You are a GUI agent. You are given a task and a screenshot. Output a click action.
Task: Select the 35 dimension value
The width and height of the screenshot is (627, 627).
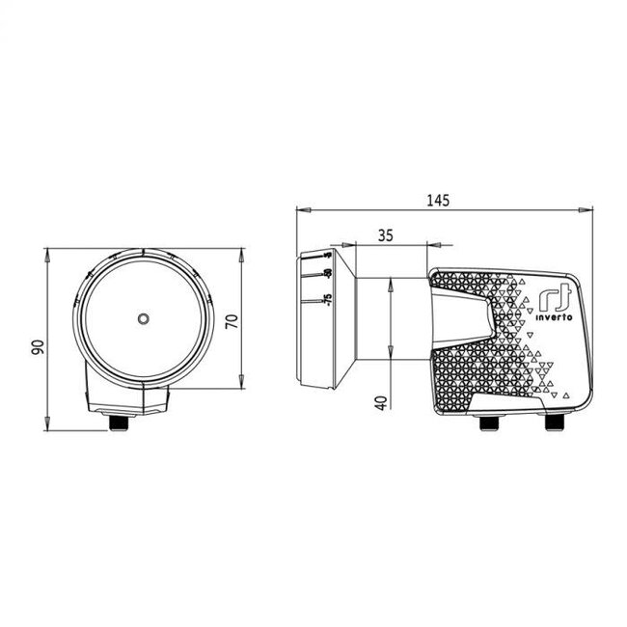[386, 234]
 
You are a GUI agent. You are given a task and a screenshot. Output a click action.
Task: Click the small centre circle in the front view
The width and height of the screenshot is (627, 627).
[143, 318]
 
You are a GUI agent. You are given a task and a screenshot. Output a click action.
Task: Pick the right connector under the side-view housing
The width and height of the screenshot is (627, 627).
[558, 423]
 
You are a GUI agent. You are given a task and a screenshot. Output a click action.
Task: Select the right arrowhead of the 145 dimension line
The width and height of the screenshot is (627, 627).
[589, 209]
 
